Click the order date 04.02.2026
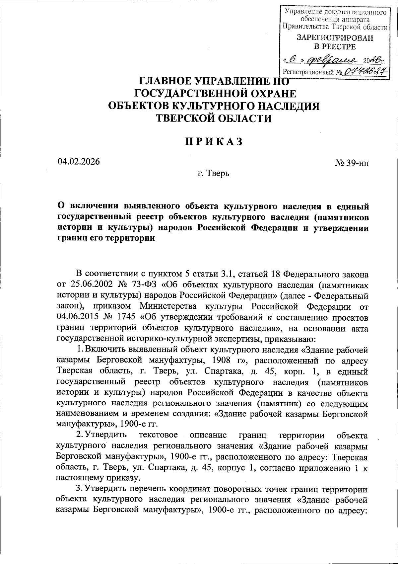[79, 162]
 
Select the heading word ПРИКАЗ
[214, 141]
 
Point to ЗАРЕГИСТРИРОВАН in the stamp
[335, 38]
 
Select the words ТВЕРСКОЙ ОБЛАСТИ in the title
[214, 119]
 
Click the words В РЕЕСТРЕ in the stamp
[335, 47]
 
